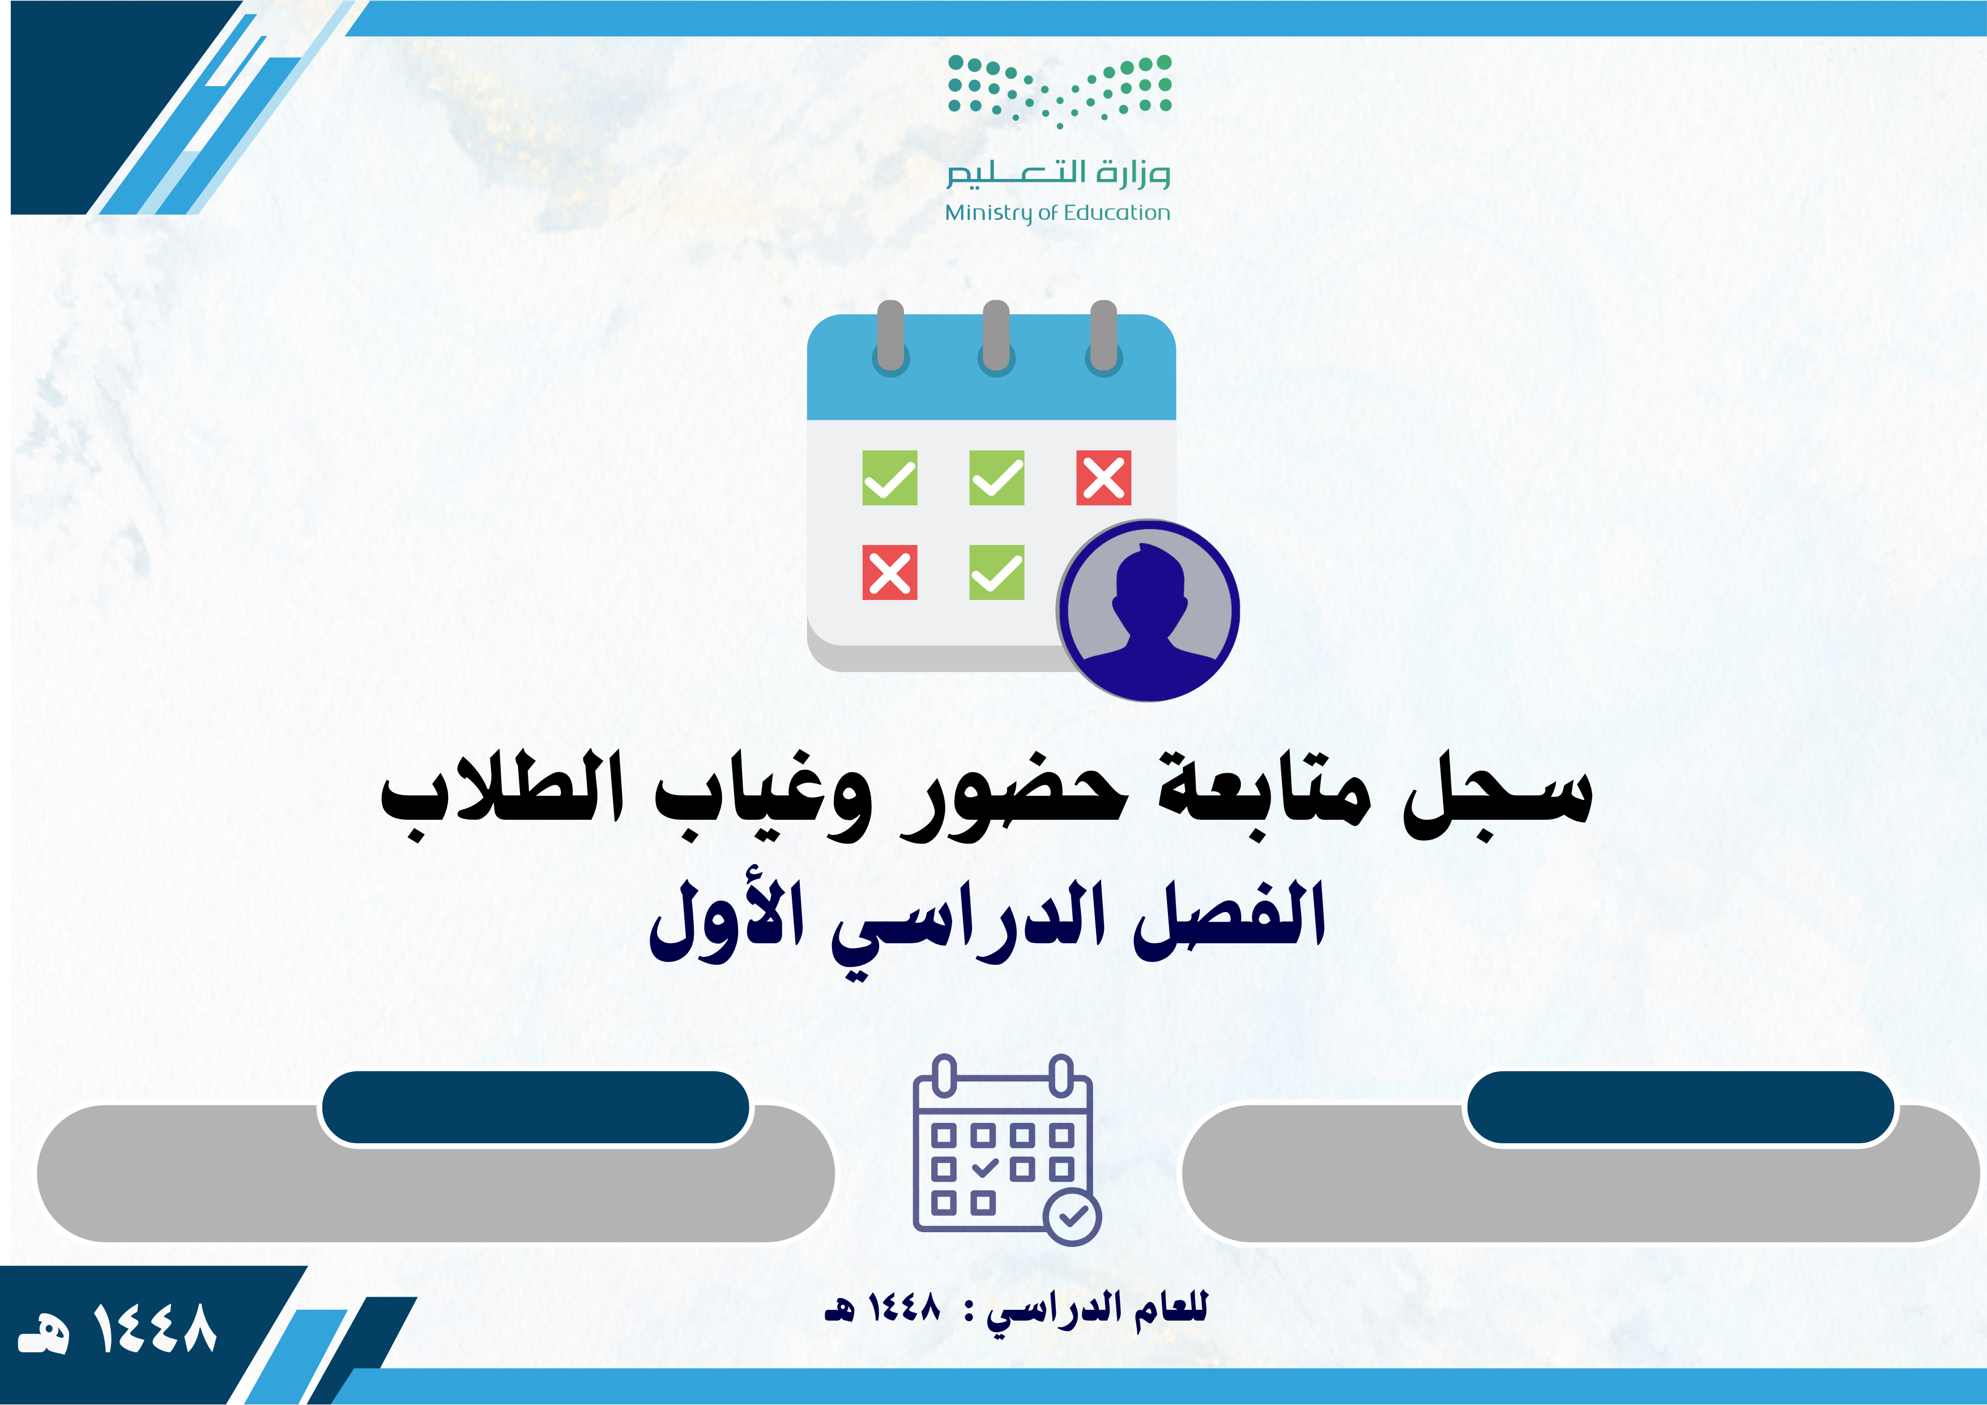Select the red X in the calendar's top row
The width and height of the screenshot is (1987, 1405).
1103,477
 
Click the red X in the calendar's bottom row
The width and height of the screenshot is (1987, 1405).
890,572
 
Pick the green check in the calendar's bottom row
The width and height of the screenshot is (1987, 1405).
997,572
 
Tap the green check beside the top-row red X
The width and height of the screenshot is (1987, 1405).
997,477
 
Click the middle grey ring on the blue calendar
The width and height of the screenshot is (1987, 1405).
997,338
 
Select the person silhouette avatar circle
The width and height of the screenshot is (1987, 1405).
1148,610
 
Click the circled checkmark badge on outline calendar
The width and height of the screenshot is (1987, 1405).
1073,1217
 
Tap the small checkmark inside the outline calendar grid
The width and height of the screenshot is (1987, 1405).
985,1168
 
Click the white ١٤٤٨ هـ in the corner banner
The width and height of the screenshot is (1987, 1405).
117,1330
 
